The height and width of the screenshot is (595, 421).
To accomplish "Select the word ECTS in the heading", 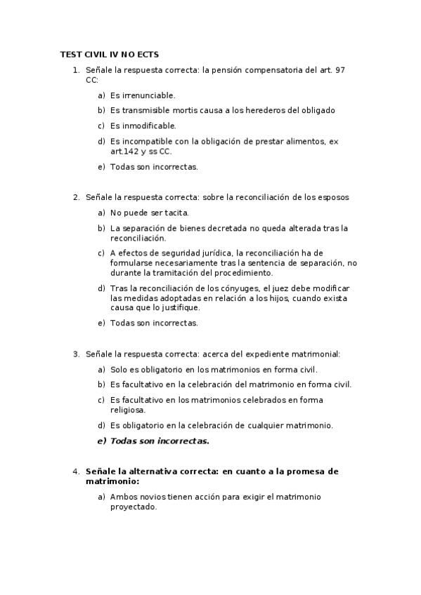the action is tap(155, 53).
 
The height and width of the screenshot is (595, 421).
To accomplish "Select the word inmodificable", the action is tap(148, 126).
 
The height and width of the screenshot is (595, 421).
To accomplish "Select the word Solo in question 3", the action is tap(119, 369).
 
